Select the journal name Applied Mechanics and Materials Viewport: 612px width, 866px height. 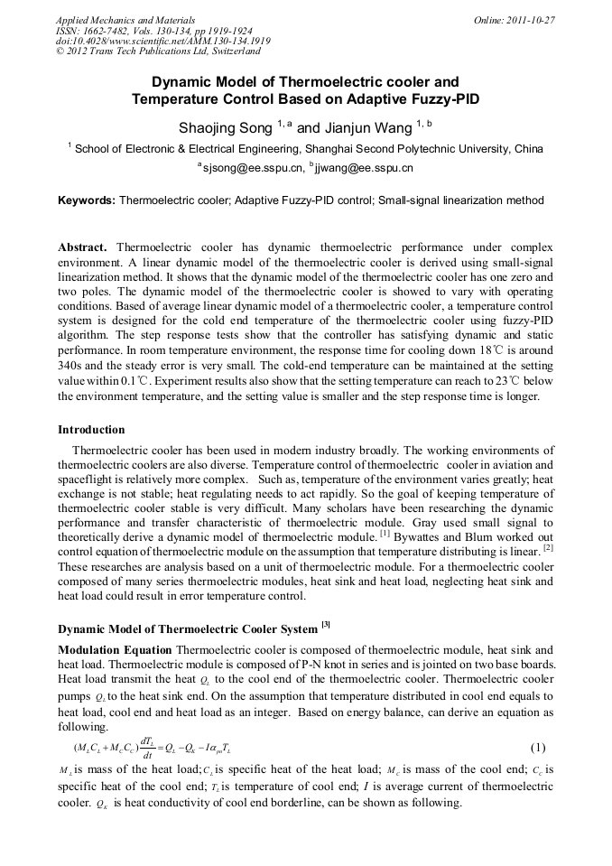point(125,19)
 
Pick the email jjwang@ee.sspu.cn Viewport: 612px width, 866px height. point(365,168)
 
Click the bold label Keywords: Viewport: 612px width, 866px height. point(87,200)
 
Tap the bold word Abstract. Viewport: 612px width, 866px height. point(83,247)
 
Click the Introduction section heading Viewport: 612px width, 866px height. point(91,429)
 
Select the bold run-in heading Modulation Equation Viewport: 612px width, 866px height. point(116,649)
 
